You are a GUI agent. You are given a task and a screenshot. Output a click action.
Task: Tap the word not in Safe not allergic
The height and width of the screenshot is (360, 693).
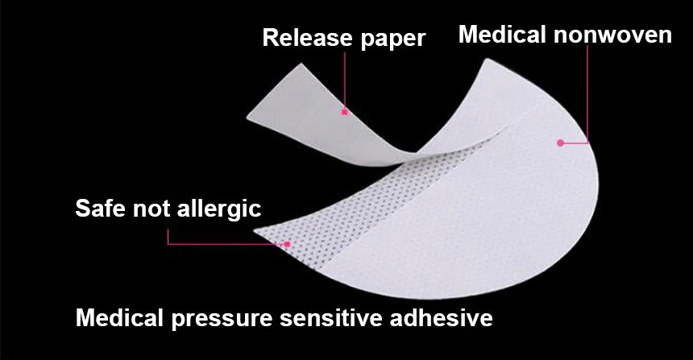point(150,209)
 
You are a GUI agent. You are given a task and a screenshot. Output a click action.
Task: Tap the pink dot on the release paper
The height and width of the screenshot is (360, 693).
point(344,112)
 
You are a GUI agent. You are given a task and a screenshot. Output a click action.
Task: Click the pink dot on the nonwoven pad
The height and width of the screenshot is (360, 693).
point(559,143)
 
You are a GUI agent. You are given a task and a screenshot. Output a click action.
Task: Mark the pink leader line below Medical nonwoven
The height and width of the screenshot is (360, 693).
point(587,97)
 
